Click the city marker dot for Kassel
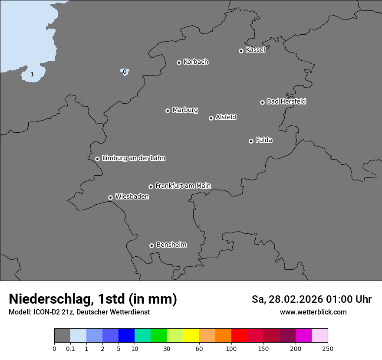(x=241, y=51)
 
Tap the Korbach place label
(x=196, y=62)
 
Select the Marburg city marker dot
(x=168, y=111)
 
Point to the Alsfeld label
(x=226, y=117)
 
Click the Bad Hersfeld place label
(x=286, y=101)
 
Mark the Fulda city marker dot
(x=251, y=141)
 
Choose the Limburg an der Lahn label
(x=133, y=158)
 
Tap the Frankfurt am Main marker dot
(x=151, y=187)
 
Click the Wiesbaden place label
(x=132, y=197)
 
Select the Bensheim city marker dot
(x=151, y=245)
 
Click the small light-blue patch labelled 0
(x=125, y=72)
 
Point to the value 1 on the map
(x=32, y=75)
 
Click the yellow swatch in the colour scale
(x=191, y=336)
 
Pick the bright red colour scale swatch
(x=239, y=336)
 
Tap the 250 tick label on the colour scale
(x=328, y=348)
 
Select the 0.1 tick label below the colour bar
(x=70, y=348)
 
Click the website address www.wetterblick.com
(x=313, y=312)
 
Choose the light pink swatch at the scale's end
(x=319, y=336)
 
